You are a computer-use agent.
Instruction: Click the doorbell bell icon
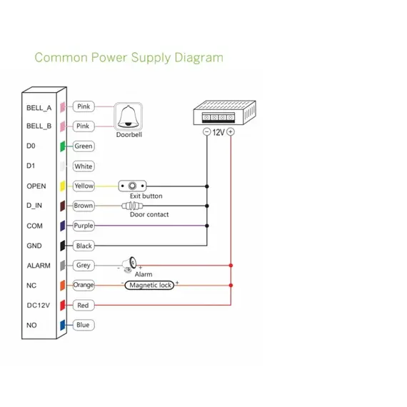(129, 116)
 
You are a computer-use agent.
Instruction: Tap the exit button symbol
(132, 186)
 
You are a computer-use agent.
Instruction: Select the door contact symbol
(132, 206)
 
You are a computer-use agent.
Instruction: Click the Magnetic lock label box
(149, 286)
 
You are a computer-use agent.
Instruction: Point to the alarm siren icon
(129, 264)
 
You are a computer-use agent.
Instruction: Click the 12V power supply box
(224, 112)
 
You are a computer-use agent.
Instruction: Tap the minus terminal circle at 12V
(206, 132)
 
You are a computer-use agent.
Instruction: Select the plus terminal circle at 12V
(231, 132)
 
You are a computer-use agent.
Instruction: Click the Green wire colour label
(84, 146)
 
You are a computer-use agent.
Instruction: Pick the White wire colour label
(84, 166)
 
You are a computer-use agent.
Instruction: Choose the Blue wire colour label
(84, 325)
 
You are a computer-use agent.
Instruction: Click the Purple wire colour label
(84, 226)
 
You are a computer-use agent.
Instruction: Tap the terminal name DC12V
(39, 306)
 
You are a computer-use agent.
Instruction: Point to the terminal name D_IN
(34, 206)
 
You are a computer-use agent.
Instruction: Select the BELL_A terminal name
(39, 108)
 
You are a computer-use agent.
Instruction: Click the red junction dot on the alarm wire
(231, 266)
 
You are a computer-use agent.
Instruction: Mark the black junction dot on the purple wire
(207, 226)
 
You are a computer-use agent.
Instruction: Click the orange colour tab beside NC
(63, 286)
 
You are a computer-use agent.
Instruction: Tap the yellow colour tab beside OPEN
(63, 186)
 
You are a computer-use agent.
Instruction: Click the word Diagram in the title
(199, 58)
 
